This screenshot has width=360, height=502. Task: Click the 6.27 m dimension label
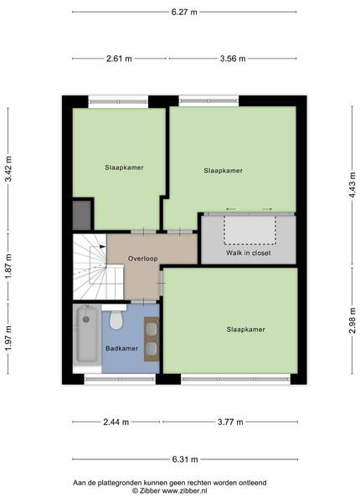[184, 13]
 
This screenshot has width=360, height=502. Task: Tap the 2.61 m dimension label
[119, 59]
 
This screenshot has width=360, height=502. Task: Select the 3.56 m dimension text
[233, 59]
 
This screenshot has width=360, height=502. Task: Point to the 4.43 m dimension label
[352, 185]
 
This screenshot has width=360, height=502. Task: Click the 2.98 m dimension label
[352, 320]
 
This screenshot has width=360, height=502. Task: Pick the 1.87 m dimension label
[8, 266]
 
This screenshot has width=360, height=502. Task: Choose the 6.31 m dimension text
[185, 459]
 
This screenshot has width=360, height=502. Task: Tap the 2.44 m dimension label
[116, 422]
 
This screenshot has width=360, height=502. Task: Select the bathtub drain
[86, 320]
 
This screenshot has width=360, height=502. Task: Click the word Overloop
[143, 259]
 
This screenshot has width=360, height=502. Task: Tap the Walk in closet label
[248, 253]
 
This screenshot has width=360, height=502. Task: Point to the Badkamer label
[121, 348]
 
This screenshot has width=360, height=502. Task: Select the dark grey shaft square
[82, 215]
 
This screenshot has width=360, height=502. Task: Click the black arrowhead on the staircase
[103, 247]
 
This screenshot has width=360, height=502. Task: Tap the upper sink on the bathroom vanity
[152, 327]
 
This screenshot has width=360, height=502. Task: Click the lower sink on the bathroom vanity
[152, 349]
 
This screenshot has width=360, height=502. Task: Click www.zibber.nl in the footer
[184, 490]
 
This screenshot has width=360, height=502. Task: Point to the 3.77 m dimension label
[230, 422]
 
